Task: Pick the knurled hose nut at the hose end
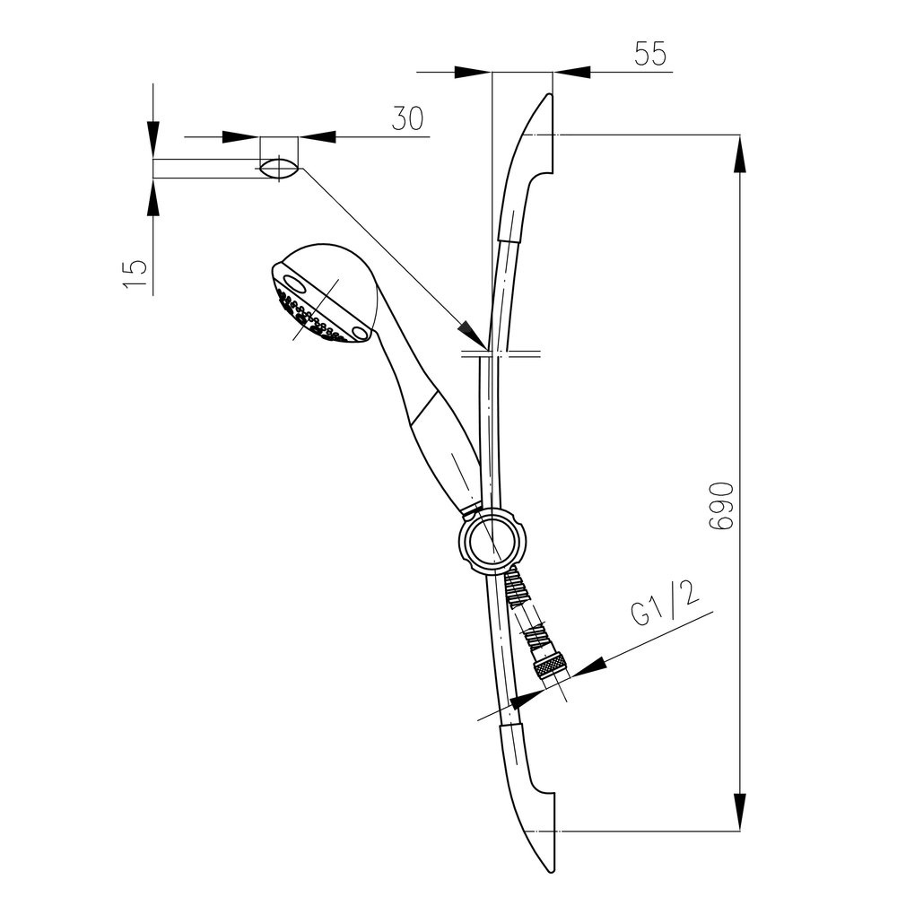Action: point(549,668)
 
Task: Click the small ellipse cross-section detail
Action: point(279,168)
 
